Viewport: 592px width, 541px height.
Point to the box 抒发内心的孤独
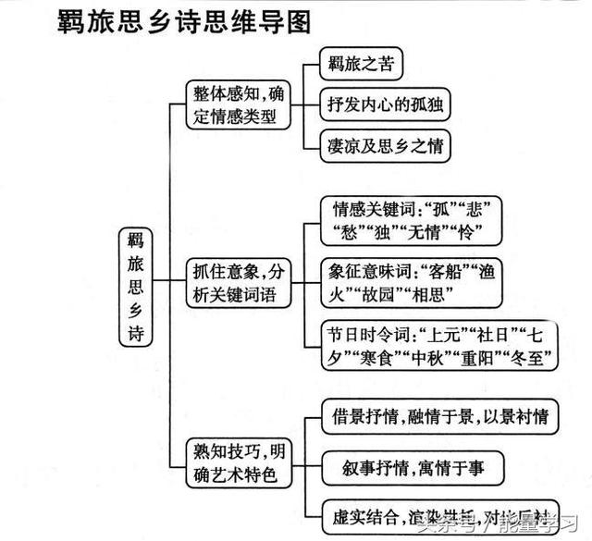pos(386,105)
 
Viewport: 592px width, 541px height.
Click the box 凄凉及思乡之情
pos(386,145)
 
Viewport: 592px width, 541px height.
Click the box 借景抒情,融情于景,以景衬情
pos(438,416)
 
